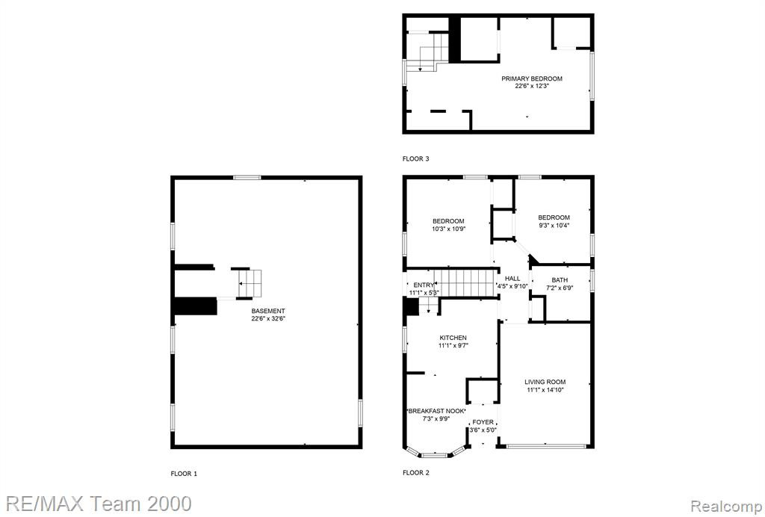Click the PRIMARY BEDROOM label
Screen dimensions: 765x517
click(532, 78)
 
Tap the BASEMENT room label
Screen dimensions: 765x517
click(268, 312)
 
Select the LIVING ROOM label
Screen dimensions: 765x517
click(545, 383)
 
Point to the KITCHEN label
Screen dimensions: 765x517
click(453, 338)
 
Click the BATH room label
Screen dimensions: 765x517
click(560, 280)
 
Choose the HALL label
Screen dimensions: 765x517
click(512, 279)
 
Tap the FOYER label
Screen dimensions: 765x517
click(483, 422)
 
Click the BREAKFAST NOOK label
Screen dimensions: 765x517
click(436, 411)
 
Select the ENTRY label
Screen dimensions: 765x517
click(424, 285)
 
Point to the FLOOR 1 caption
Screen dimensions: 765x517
click(184, 474)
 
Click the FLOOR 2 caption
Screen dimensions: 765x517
click(416, 473)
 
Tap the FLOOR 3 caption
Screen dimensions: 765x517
click(416, 158)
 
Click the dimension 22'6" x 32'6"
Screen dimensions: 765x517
click(268, 319)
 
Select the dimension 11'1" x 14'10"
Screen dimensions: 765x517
click(545, 390)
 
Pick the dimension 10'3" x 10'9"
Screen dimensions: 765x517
click(449, 229)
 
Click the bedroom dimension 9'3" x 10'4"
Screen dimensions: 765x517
click(554, 226)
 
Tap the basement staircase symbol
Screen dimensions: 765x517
click(250, 283)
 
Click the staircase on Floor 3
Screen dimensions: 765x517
click(427, 52)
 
